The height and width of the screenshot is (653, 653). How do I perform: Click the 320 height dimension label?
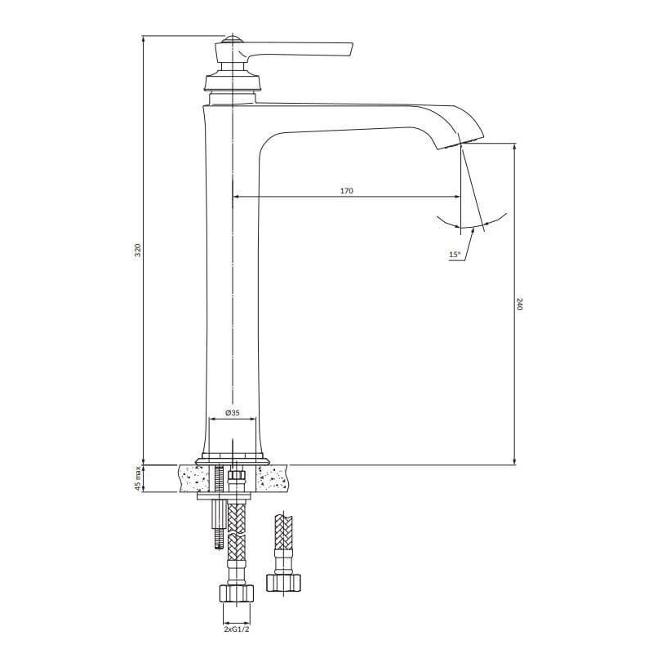pos(138,250)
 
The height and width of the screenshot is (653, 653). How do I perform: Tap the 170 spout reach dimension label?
pos(346,191)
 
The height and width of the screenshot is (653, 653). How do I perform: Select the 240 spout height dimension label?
pos(519,304)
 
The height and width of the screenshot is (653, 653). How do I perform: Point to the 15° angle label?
pos(455,254)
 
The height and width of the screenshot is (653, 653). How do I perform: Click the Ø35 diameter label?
pos(233,413)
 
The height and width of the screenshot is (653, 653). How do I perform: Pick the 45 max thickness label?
pos(138,478)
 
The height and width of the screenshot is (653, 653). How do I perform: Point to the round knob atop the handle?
pos(232,39)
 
